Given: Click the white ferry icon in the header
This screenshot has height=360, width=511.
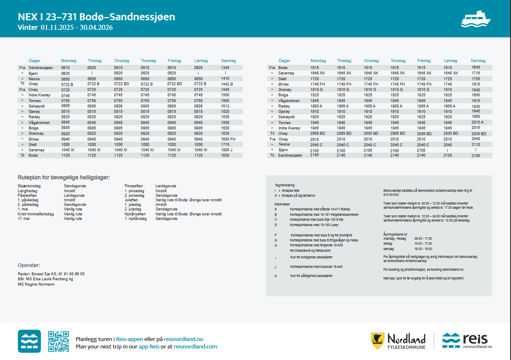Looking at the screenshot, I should point(475,19).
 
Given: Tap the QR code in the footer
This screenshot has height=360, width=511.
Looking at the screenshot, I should point(58,341).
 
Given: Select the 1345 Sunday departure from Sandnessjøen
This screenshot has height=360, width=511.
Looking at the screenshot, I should point(225,67).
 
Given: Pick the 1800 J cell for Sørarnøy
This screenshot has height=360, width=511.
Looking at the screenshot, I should point(227,150).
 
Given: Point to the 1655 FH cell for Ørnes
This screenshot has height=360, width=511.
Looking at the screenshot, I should point(228,139).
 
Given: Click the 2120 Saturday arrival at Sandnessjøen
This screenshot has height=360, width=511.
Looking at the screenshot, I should point(447,155).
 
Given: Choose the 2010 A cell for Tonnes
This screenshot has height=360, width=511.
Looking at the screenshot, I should point(478,122).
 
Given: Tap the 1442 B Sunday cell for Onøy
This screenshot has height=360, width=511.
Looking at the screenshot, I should point(227,84).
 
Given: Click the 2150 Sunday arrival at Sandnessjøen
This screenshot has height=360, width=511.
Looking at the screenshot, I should point(476,155).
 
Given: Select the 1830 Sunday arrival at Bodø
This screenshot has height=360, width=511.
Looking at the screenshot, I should point(225,155).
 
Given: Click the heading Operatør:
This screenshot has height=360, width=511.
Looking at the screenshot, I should point(29,265).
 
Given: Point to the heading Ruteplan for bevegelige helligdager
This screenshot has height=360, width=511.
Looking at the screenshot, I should point(64,177).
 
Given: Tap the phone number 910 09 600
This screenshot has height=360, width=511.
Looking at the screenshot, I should point(391,195).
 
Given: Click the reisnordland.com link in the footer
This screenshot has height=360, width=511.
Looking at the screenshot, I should point(195,347).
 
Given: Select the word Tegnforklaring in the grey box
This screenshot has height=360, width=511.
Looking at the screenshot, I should point(285,185).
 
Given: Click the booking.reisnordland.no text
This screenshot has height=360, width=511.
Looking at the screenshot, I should point(446,269).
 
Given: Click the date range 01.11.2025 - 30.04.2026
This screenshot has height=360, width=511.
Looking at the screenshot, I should point(77,28).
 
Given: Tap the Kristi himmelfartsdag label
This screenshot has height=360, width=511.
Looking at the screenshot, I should point(36,214).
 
